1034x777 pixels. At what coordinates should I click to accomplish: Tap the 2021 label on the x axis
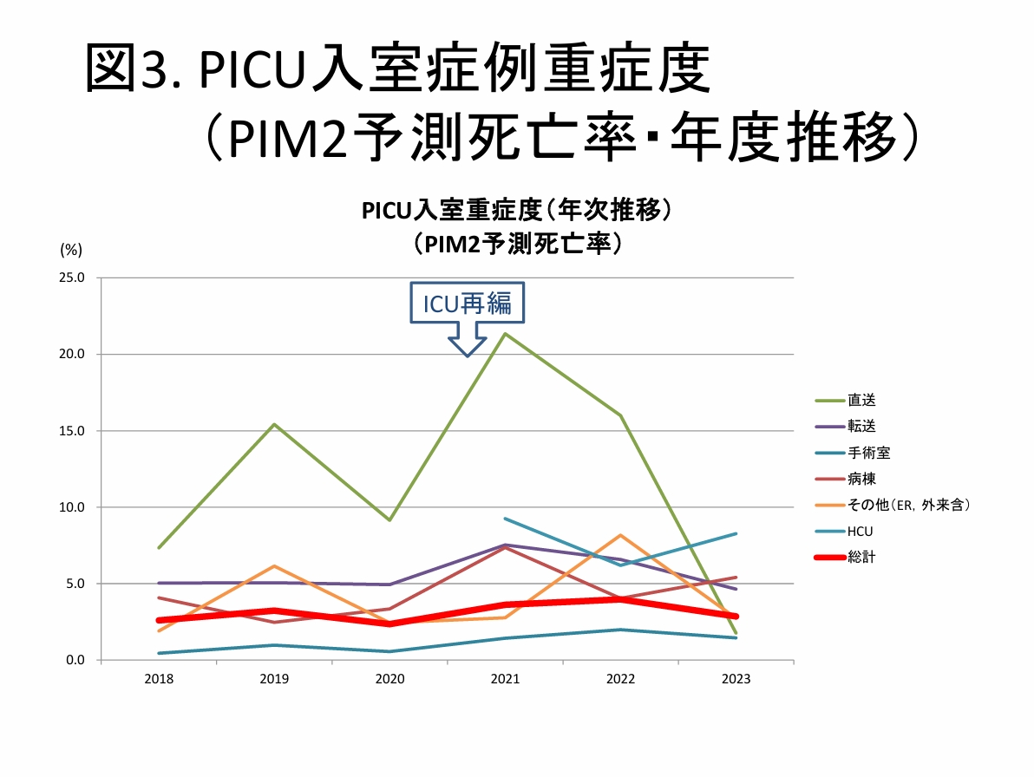505,679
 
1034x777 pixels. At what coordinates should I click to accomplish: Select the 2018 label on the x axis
159,679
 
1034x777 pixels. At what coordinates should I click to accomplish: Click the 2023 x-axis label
736,679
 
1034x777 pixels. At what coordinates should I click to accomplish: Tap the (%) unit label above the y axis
71,250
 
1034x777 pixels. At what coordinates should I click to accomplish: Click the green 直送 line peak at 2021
505,334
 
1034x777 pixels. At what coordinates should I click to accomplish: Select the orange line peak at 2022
620,535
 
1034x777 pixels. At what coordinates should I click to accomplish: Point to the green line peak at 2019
274,424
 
